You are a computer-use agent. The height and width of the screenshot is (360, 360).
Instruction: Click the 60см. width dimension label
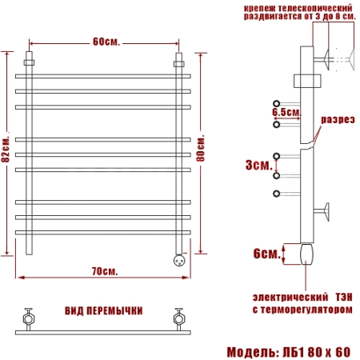(x=106, y=42)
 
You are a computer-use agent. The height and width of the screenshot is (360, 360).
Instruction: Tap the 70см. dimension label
(x=105, y=271)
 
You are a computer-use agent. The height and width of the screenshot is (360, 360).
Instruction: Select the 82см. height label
(x=6, y=150)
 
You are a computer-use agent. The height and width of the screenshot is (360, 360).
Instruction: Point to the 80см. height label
(x=201, y=148)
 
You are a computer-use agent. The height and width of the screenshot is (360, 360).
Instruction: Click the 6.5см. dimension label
(x=286, y=112)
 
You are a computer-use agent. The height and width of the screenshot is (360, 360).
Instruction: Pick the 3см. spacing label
(x=259, y=165)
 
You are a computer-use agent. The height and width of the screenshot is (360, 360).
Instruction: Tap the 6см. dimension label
(x=267, y=254)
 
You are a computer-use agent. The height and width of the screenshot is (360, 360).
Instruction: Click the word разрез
(x=338, y=119)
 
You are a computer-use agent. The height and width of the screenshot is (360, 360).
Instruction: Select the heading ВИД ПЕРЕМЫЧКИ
(x=104, y=311)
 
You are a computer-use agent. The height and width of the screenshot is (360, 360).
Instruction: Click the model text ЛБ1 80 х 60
(x=316, y=352)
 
